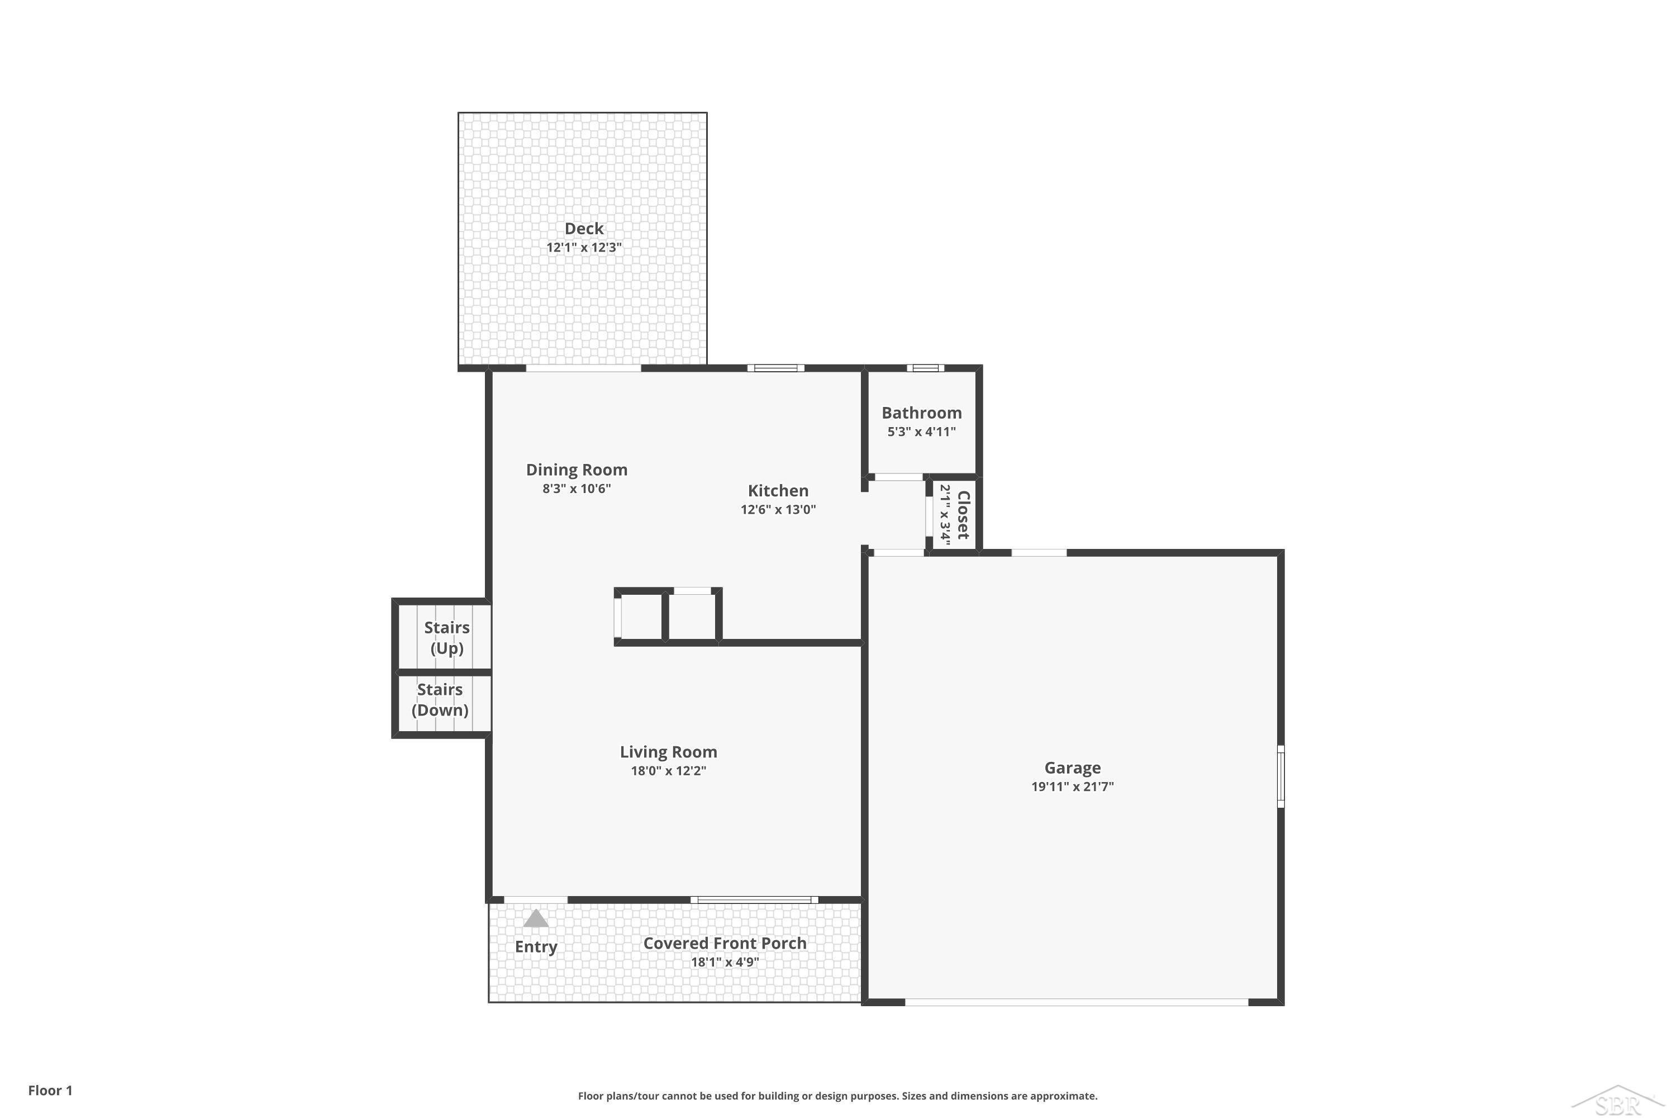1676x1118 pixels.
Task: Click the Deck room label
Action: tap(584, 229)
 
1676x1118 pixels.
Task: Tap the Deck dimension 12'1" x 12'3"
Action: tap(584, 248)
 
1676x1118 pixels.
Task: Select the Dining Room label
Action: tap(577, 470)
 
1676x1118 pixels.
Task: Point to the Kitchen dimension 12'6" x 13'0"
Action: tap(778, 509)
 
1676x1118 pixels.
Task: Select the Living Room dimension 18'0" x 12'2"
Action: tap(668, 770)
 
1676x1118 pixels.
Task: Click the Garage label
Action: tap(1073, 768)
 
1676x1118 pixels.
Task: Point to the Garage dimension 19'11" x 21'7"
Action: tap(1073, 787)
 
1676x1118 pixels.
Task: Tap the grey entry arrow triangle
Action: tap(536, 918)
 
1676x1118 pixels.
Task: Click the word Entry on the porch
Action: tap(536, 947)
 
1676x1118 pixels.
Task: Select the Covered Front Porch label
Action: tap(725, 944)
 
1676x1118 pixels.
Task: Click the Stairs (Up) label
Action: tap(447, 637)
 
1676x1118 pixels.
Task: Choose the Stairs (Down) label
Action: tap(440, 699)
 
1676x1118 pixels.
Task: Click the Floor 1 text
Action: tap(51, 1090)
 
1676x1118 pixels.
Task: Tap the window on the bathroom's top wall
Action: tap(926, 368)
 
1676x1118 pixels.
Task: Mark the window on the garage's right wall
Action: tap(1280, 776)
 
